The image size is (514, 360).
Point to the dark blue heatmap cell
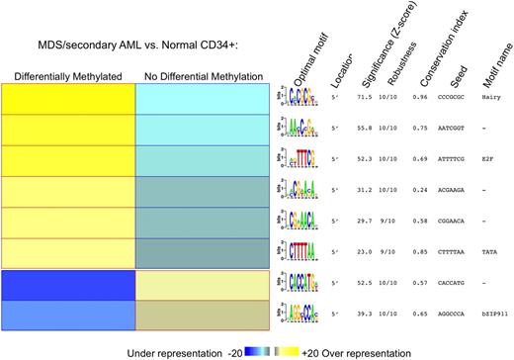[67, 284]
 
